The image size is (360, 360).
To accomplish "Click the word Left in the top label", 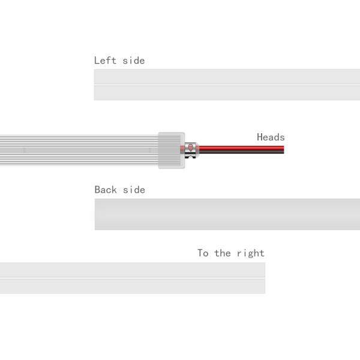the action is click(x=105, y=61).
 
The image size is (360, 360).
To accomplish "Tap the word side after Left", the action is click(x=134, y=61).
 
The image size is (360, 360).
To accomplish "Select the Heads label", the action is click(x=271, y=137).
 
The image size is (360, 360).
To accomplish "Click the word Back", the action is click(x=106, y=190).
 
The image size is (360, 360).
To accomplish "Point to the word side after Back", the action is click(x=134, y=190).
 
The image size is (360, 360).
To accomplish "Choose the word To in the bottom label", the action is click(x=203, y=253).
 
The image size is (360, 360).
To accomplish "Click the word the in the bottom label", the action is click(x=223, y=253).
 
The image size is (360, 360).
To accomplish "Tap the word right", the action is click(x=251, y=253).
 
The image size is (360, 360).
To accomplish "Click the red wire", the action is click(x=242, y=148).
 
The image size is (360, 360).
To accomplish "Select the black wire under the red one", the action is click(x=242, y=152).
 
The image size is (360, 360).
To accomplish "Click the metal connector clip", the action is click(x=191, y=150).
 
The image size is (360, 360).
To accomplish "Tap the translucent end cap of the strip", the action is click(x=172, y=151).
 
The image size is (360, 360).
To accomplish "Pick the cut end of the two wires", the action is click(x=284, y=149).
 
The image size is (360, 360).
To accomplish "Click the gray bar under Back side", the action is click(x=227, y=214).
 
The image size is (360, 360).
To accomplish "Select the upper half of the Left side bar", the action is click(x=227, y=77).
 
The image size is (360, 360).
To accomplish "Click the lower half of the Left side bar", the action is click(x=227, y=93).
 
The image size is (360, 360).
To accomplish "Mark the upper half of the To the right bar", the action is click(x=133, y=270).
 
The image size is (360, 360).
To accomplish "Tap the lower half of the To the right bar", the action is click(x=133, y=286).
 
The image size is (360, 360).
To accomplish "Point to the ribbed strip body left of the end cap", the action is click(x=79, y=150).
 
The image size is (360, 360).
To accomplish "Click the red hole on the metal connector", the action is click(x=191, y=146).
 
